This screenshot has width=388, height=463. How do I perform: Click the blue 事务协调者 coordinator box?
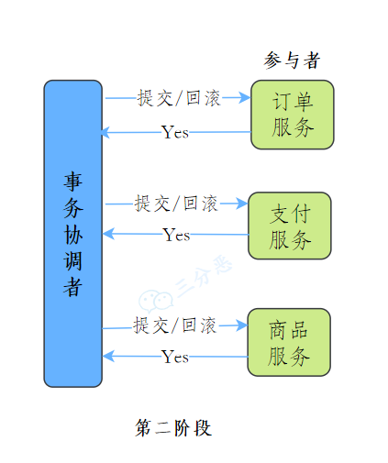[x=72, y=234]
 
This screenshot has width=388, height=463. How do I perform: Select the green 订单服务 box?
[x=293, y=115]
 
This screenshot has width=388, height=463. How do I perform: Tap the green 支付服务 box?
[x=290, y=226]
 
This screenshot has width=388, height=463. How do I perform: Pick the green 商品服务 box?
[x=289, y=342]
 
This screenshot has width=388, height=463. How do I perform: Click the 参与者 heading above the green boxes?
[x=292, y=61]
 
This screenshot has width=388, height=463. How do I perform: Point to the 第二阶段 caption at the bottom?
[x=173, y=427]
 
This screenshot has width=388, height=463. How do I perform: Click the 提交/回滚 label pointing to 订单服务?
[x=179, y=98]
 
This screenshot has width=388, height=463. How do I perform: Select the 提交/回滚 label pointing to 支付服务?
[x=176, y=204]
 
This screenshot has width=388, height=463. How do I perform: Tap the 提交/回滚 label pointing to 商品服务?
[x=175, y=325]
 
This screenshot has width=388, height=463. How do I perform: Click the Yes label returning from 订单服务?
[x=175, y=132]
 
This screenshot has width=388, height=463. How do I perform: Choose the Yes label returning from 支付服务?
[x=176, y=235]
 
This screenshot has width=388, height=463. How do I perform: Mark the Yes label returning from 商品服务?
[x=174, y=357]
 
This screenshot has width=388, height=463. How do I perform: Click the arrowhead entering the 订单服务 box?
[x=245, y=97]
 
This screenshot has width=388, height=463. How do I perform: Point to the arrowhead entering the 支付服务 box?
[x=243, y=204]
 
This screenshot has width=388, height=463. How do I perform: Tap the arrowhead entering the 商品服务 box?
[x=242, y=325]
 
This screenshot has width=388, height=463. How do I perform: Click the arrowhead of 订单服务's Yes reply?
[x=105, y=133]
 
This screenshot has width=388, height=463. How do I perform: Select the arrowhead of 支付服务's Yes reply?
[x=108, y=234]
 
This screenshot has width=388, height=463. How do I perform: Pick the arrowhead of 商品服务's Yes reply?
[x=108, y=356]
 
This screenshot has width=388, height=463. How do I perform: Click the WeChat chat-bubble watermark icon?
[x=155, y=301]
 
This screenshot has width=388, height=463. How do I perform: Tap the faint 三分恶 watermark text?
[x=204, y=276]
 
